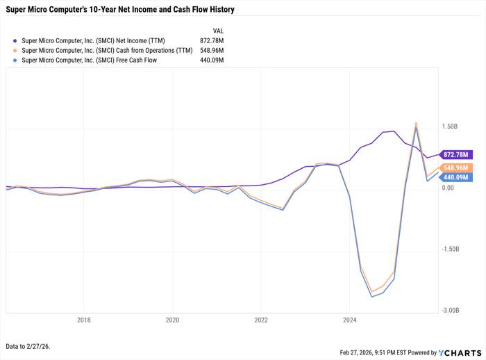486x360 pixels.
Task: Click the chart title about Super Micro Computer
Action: point(120,10)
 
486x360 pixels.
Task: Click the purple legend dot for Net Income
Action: point(15,41)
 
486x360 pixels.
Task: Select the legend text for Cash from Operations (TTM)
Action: point(107,51)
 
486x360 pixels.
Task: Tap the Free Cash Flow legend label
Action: point(90,60)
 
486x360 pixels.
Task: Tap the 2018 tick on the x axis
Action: point(83,320)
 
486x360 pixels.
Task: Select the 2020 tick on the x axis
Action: point(172,320)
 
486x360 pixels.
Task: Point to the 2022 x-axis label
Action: point(260,320)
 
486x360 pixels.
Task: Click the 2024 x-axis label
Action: point(349,320)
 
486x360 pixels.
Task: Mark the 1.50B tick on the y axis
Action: point(449,127)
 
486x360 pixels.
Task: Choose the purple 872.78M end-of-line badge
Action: point(455,154)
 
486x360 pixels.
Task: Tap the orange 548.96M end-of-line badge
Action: point(455,168)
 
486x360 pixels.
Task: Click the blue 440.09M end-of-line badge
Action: point(455,177)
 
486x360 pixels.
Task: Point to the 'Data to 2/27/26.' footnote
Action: point(28,346)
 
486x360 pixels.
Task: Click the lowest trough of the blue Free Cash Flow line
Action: point(372,297)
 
